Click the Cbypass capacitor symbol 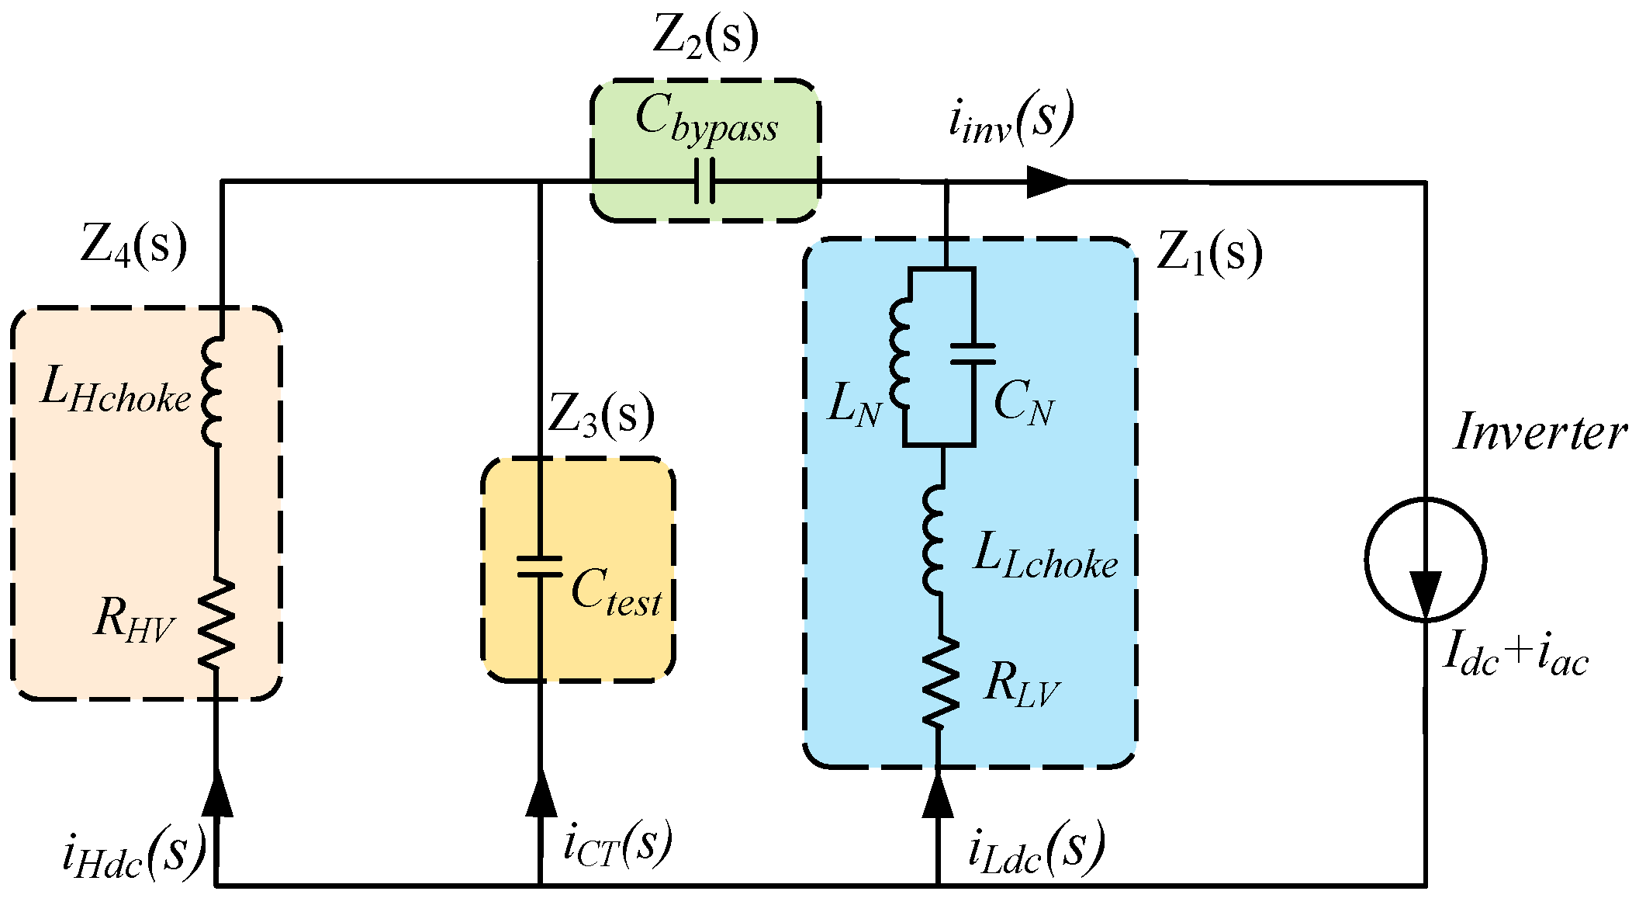click(x=704, y=182)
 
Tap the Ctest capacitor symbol click(x=540, y=567)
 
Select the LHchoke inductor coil click(x=212, y=393)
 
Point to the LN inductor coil click(x=900, y=355)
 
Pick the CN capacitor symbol click(x=973, y=355)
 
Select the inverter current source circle click(x=1425, y=559)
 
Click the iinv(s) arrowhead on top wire click(x=1047, y=182)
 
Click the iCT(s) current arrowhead click(x=541, y=793)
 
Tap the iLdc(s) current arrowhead click(x=938, y=795)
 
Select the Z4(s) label click(x=133, y=245)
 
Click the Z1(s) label click(x=1209, y=252)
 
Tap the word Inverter click(x=1540, y=432)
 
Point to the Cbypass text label click(x=706, y=120)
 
